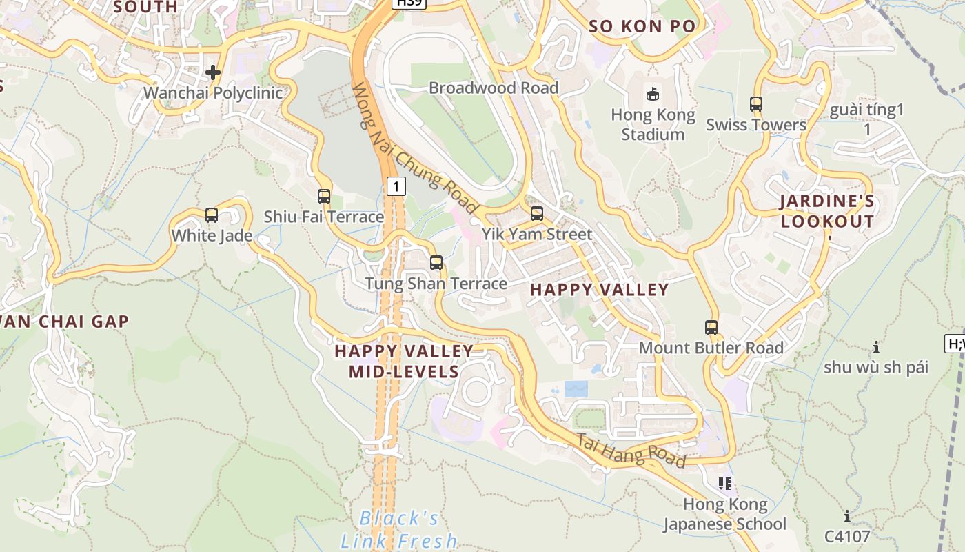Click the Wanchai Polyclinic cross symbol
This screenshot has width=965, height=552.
(x=213, y=72)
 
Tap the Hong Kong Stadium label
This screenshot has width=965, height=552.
(x=653, y=124)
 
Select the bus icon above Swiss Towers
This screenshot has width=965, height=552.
(x=756, y=104)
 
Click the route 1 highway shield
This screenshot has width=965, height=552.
(x=396, y=186)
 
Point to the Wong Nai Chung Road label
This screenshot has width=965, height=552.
(x=414, y=148)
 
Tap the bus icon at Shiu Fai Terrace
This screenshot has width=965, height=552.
(x=324, y=197)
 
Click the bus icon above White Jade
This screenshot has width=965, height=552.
(x=212, y=215)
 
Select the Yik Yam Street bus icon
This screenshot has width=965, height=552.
(x=537, y=214)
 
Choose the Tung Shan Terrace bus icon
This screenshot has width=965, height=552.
(x=436, y=263)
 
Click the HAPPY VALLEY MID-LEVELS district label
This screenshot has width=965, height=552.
(x=404, y=362)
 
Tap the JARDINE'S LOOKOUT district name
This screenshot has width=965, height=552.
(x=827, y=212)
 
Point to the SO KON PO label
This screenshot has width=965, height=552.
(x=642, y=27)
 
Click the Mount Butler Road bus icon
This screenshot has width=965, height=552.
(x=711, y=328)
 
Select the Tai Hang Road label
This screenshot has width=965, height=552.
(x=631, y=451)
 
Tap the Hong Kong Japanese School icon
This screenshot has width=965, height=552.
(x=724, y=483)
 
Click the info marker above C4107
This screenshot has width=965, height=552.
(x=847, y=516)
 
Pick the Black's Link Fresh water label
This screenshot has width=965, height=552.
(x=399, y=529)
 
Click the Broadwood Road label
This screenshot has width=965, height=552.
(x=494, y=88)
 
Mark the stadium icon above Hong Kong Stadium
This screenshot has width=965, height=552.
(x=652, y=93)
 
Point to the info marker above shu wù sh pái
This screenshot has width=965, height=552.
(x=876, y=346)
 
